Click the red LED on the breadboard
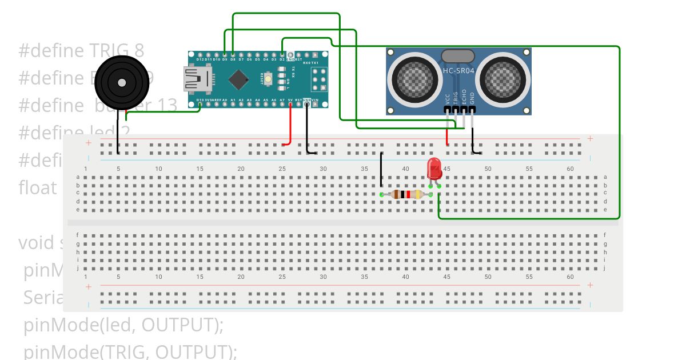(434, 168)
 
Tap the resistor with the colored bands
(407, 195)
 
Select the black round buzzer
(121, 83)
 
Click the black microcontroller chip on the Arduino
(237, 79)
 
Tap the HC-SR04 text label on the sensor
(458, 71)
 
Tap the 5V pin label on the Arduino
(290, 100)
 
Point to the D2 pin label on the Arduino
(282, 59)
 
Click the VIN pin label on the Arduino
(315, 100)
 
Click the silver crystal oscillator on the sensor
(458, 56)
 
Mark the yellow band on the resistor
(416, 195)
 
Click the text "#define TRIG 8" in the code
(81, 51)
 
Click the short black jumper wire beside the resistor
(381, 170)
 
